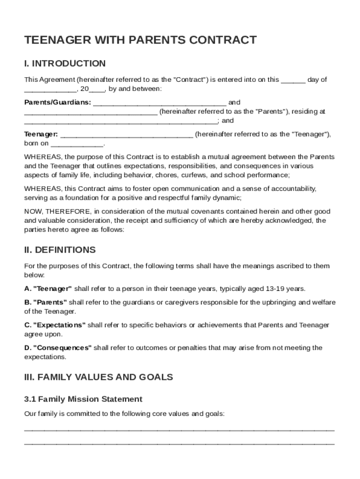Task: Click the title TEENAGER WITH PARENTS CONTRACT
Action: pyautogui.click(x=140, y=40)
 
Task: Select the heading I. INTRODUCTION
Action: pyautogui.click(x=65, y=64)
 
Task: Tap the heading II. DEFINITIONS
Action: pyautogui.click(x=60, y=250)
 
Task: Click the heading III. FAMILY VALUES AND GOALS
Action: pyautogui.click(x=99, y=377)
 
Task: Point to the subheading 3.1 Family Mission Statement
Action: pyautogui.click(x=83, y=399)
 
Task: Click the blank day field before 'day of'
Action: pyautogui.click(x=293, y=80)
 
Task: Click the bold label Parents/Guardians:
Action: pyautogui.click(x=58, y=102)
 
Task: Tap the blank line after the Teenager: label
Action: pyautogui.click(x=127, y=135)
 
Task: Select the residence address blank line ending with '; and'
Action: pyautogui.click(x=121, y=121)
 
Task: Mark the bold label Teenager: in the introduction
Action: pyautogui.click(x=41, y=135)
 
